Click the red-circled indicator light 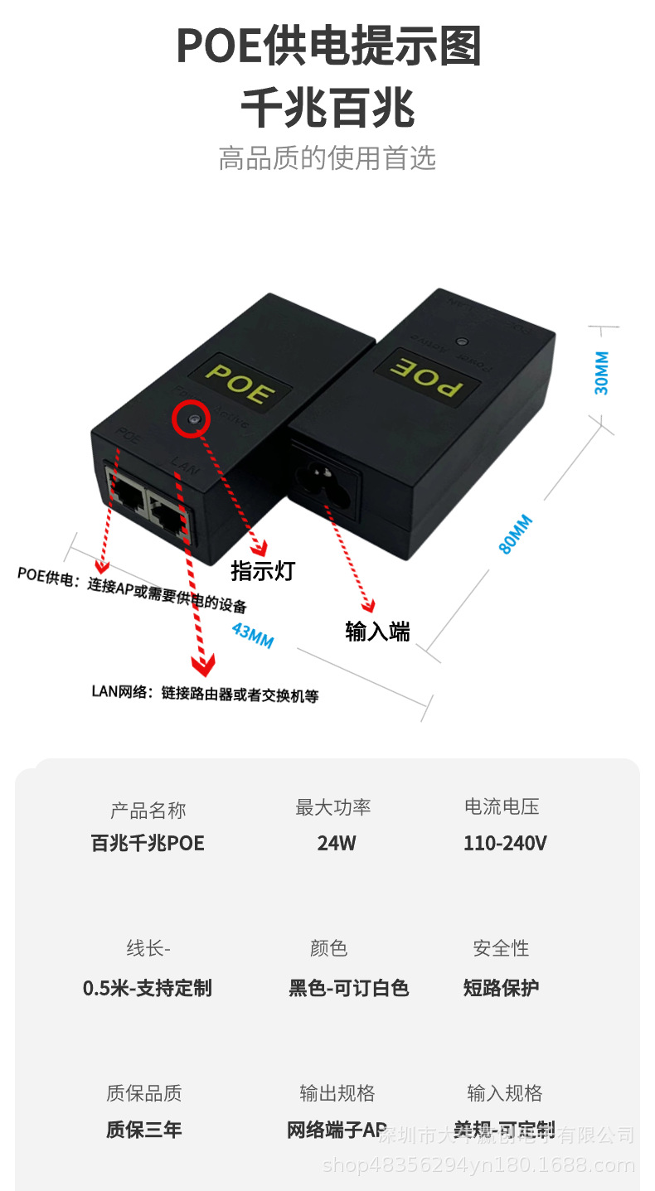click(x=193, y=420)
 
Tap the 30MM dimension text click(x=602, y=372)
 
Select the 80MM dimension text click(x=515, y=534)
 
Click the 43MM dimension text click(x=252, y=635)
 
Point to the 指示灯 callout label click(x=263, y=571)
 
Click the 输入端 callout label click(x=377, y=632)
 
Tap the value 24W click(x=336, y=844)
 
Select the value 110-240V click(x=504, y=844)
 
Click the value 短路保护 click(x=501, y=988)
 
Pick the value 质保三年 click(x=143, y=1130)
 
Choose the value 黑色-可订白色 click(x=348, y=988)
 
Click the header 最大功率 click(x=333, y=807)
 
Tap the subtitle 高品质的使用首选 click(x=327, y=157)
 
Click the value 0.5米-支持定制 click(x=148, y=988)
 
